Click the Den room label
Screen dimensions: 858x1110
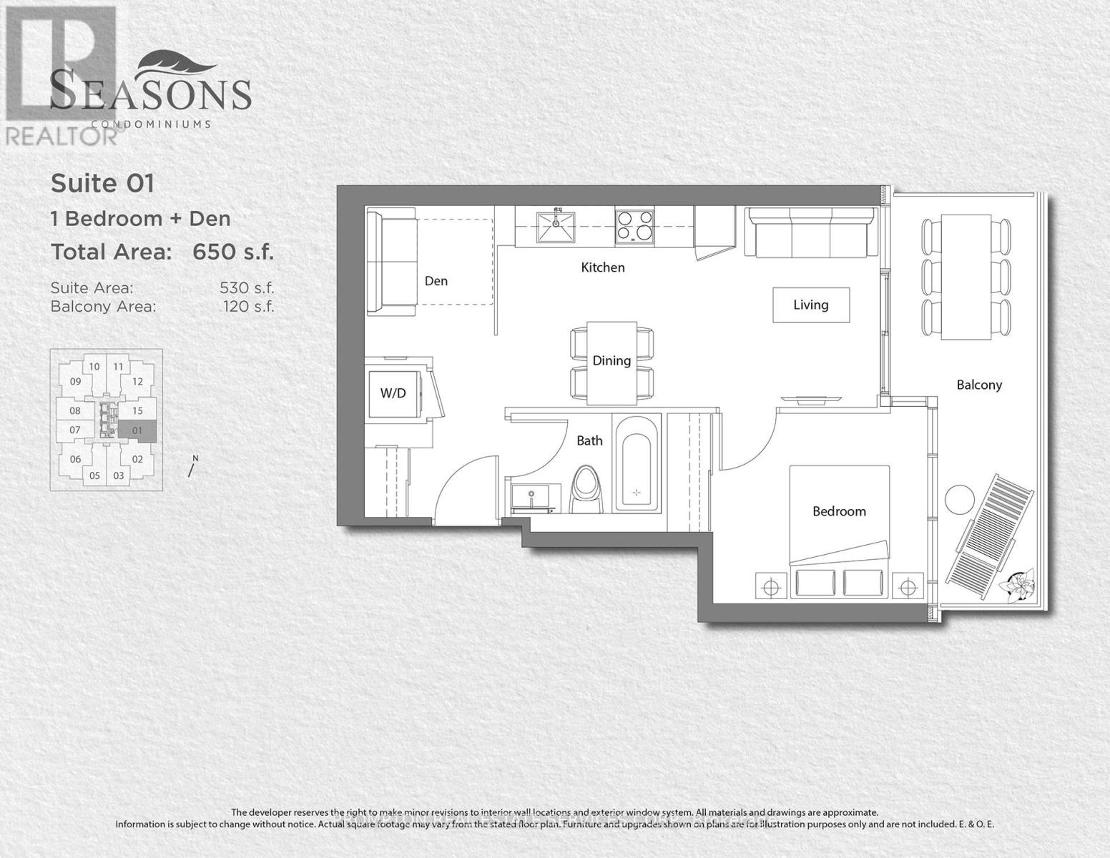(436, 281)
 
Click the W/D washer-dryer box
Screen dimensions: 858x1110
(393, 393)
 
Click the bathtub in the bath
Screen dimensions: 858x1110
(637, 463)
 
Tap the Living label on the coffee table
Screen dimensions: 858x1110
(810, 305)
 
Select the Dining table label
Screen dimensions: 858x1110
(612, 361)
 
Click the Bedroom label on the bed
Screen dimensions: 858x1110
(839, 511)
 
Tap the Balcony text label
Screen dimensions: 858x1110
(979, 385)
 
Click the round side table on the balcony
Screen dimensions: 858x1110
(959, 499)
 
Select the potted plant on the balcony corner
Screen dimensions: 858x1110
(1019, 583)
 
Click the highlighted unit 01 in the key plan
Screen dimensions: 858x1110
(137, 430)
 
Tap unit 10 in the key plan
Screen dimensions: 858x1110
(94, 367)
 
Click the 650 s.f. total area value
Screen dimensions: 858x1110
(233, 252)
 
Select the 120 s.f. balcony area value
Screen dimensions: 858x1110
(248, 307)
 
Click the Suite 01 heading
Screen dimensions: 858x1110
(102, 184)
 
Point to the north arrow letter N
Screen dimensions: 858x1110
(195, 458)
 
